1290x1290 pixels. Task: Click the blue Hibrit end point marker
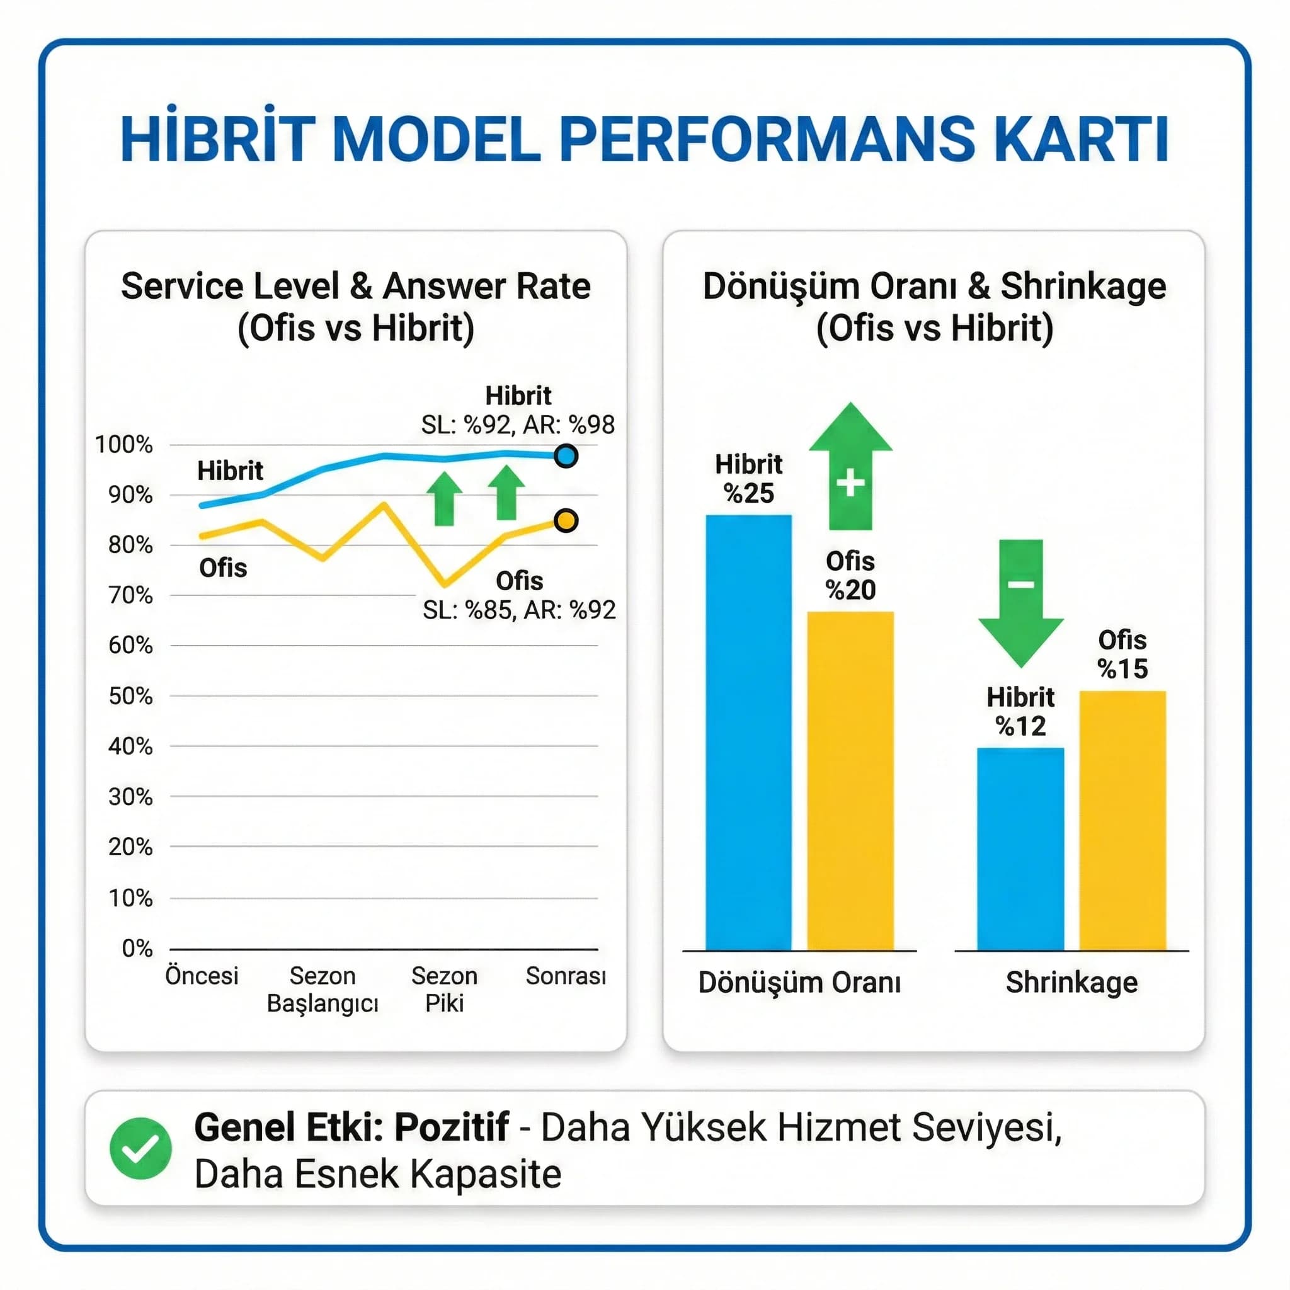(566, 456)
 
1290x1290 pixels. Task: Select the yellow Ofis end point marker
(566, 520)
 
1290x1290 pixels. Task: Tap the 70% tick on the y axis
(130, 595)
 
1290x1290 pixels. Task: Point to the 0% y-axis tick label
(137, 948)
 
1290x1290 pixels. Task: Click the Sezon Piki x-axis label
(444, 990)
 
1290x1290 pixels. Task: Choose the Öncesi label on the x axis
(202, 976)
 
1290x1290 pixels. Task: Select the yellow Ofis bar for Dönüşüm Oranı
(850, 780)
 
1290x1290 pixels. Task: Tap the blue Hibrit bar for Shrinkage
(1020, 848)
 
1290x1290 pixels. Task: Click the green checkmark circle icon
(140, 1148)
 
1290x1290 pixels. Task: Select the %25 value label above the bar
(748, 493)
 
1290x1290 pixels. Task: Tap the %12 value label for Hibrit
(1020, 726)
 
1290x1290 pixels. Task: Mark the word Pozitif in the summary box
(452, 1127)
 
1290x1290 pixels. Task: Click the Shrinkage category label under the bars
(1071, 982)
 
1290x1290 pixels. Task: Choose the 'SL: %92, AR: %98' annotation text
(518, 425)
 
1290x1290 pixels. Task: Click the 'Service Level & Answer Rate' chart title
(356, 287)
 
